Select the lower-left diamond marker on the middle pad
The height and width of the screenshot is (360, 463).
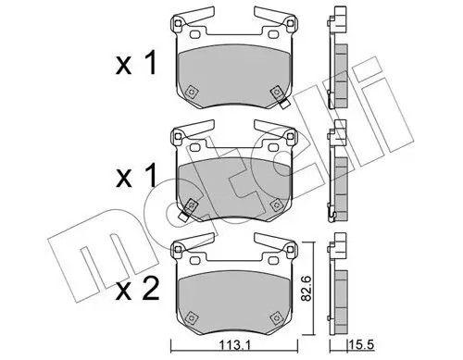pyautogui.click(x=191, y=205)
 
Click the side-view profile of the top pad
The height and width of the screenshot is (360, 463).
pyautogui.click(x=340, y=60)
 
